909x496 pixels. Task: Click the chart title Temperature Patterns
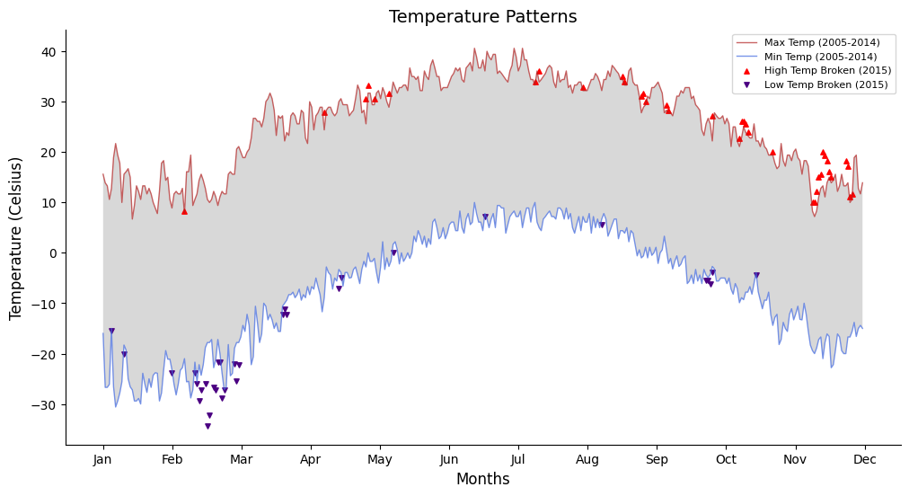[482, 17]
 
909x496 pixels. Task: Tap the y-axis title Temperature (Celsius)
[16, 238]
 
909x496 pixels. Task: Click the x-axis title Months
[482, 479]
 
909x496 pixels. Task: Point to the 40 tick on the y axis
[49, 51]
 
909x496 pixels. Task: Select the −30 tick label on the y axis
[45, 404]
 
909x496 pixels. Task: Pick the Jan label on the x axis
[103, 459]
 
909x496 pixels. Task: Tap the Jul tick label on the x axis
[518, 459]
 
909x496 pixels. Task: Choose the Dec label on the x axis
[864, 459]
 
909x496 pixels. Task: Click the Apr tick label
[311, 459]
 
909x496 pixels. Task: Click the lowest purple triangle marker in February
[207, 426]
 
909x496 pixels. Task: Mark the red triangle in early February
[184, 211]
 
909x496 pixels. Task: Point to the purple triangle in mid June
[485, 217]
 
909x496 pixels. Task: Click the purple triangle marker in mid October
[756, 276]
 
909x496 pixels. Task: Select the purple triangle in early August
[602, 225]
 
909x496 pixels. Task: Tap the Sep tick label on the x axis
[657, 459]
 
